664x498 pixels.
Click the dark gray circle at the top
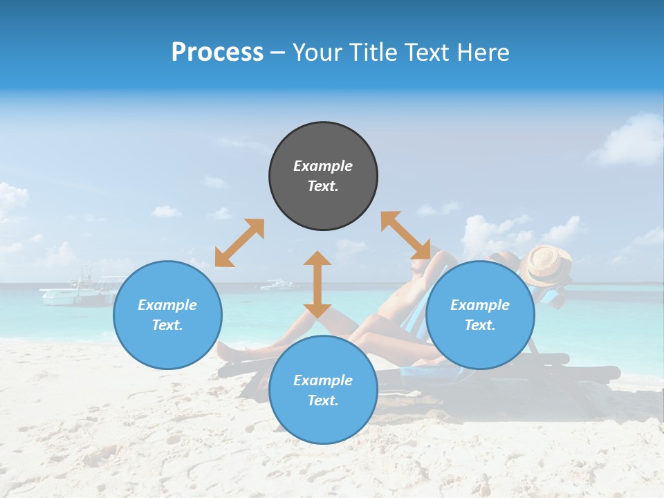[x=323, y=176]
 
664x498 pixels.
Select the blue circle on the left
[x=167, y=315]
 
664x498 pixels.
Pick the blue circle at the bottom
[x=323, y=389]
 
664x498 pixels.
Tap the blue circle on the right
[x=480, y=315]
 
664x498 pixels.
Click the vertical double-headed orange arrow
[x=317, y=284]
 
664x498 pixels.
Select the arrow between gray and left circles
[x=239, y=243]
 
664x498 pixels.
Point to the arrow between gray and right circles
[x=405, y=235]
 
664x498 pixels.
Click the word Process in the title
[x=217, y=53]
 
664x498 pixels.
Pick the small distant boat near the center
[x=279, y=284]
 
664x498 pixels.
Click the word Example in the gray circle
[x=323, y=166]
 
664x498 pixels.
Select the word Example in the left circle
[x=167, y=305]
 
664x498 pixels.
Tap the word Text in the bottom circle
[x=323, y=400]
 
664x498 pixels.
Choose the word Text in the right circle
[x=480, y=325]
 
